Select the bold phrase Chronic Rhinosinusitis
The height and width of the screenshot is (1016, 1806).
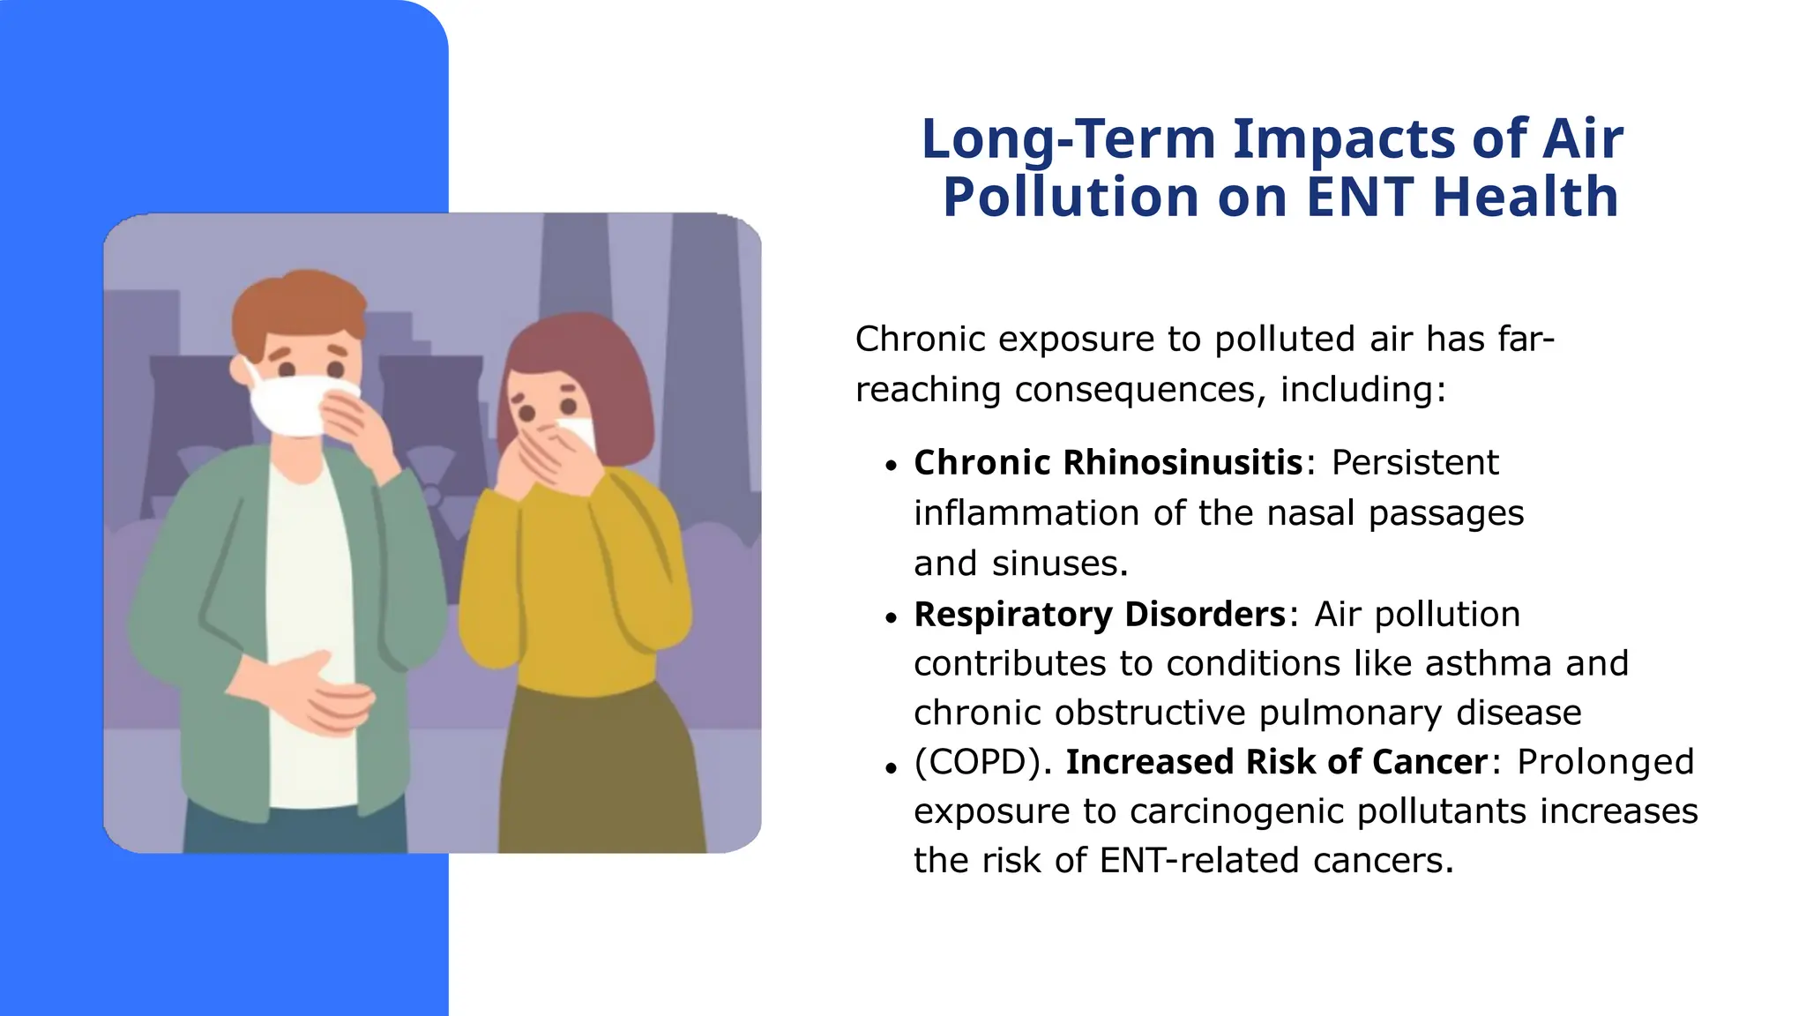pos(1108,462)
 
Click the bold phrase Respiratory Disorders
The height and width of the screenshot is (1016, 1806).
pos(1100,614)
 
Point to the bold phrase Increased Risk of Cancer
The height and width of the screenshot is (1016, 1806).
pos(1277,762)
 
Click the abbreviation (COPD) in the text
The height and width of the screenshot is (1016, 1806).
pos(977,762)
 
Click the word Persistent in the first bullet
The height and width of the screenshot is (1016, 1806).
pos(1414,462)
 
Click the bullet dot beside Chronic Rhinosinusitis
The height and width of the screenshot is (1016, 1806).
pos(892,466)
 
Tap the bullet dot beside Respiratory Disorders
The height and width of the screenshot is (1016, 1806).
pos(892,617)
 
